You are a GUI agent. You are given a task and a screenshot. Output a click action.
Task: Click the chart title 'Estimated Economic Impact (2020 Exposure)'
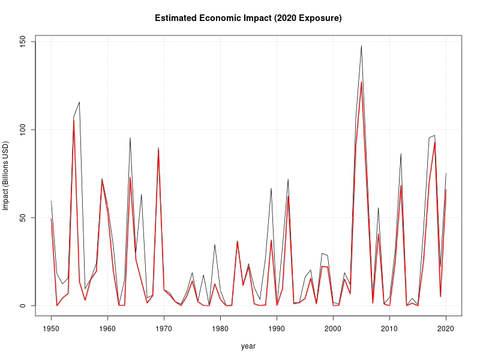(248, 18)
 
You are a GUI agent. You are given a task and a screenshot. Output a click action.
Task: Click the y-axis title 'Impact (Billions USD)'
(6, 176)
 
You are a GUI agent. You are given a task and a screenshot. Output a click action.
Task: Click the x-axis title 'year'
(248, 346)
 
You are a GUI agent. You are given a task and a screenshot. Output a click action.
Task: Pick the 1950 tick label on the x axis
(51, 328)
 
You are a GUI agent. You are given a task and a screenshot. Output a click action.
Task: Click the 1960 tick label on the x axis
(107, 328)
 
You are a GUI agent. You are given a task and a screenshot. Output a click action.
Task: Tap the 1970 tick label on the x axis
(164, 328)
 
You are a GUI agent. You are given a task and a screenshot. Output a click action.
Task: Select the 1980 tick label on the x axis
(220, 328)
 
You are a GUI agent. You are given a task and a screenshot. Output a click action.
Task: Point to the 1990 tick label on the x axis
(277, 328)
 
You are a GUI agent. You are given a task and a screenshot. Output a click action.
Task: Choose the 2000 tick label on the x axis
(333, 328)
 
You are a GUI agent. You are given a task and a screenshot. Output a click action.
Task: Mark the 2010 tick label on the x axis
(389, 328)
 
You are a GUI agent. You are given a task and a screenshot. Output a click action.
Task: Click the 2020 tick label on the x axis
(446, 328)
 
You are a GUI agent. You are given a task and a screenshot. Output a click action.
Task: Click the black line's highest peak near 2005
(361, 46)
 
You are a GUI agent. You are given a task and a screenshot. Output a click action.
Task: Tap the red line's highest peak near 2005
(361, 82)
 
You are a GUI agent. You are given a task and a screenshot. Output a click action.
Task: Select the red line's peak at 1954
(74, 119)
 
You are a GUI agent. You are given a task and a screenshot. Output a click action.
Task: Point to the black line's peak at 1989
(271, 188)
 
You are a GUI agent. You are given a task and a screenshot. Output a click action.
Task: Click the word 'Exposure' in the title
(318, 18)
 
